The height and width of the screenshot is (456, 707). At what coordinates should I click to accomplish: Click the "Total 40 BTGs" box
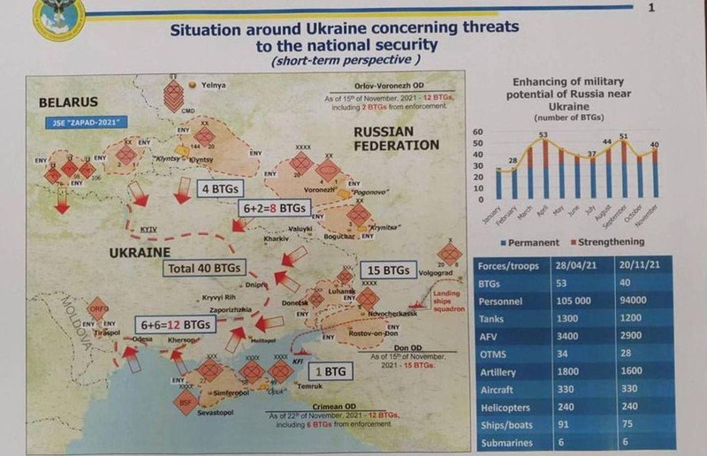[202, 267]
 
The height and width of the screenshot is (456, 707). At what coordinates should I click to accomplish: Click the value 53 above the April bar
[544, 135]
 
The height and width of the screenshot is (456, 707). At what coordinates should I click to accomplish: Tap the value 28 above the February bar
[511, 160]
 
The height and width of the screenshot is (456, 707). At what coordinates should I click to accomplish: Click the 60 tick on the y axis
[481, 132]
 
